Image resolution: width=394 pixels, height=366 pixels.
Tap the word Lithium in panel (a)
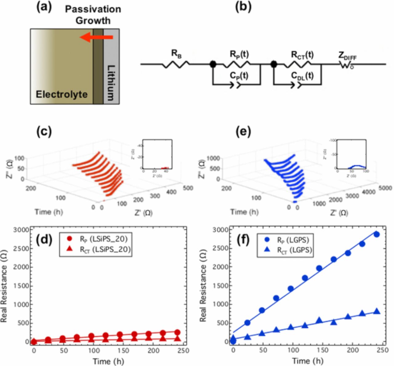[x=111, y=82]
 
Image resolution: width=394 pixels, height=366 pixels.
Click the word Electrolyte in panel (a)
[x=62, y=94]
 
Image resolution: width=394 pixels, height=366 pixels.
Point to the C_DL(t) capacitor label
[x=302, y=76]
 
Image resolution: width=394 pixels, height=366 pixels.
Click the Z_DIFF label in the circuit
[x=348, y=56]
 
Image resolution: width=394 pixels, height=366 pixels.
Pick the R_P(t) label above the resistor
[x=239, y=54]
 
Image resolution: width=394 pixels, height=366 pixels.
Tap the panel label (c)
[x=44, y=131]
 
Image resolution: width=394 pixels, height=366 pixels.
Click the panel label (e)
[x=243, y=131]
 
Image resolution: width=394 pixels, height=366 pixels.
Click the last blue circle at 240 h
[x=376, y=234]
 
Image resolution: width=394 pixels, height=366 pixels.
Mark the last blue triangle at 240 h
[x=376, y=312]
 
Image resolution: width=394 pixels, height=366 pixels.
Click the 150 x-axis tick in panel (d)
[x=123, y=351]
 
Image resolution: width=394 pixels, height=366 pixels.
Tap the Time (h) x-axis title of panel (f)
[x=308, y=360]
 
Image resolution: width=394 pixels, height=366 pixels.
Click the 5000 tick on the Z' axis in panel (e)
[x=385, y=188]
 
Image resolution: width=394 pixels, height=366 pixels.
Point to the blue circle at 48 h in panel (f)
[x=262, y=310]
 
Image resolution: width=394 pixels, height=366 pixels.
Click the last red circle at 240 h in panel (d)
[x=177, y=332]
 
